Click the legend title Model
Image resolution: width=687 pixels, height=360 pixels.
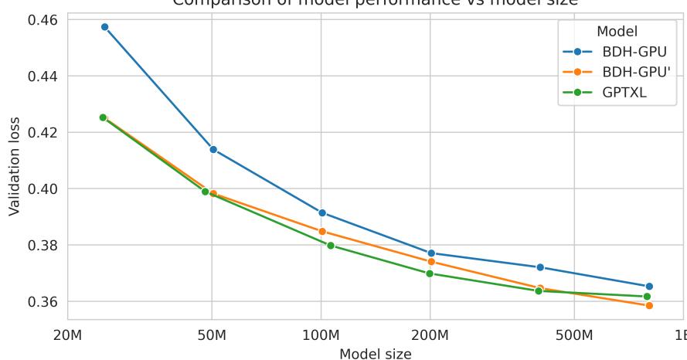[617, 32]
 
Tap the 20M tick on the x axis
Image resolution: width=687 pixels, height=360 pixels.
[67, 337]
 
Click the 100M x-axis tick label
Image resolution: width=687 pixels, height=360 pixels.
[321, 337]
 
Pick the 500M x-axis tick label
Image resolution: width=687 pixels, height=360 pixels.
[573, 337]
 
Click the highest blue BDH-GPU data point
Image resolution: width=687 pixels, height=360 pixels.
[104, 27]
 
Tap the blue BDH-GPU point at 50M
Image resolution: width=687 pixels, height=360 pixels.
[213, 149]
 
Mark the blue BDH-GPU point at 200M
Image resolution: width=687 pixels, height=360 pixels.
[430, 253]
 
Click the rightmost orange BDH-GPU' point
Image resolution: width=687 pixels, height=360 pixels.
[649, 306]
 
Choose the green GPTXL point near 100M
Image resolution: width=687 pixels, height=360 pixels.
[331, 246]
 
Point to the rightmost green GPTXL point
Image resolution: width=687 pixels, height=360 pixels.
[647, 297]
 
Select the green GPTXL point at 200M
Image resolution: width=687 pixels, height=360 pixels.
[430, 273]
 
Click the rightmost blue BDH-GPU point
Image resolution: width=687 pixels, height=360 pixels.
[649, 287]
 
